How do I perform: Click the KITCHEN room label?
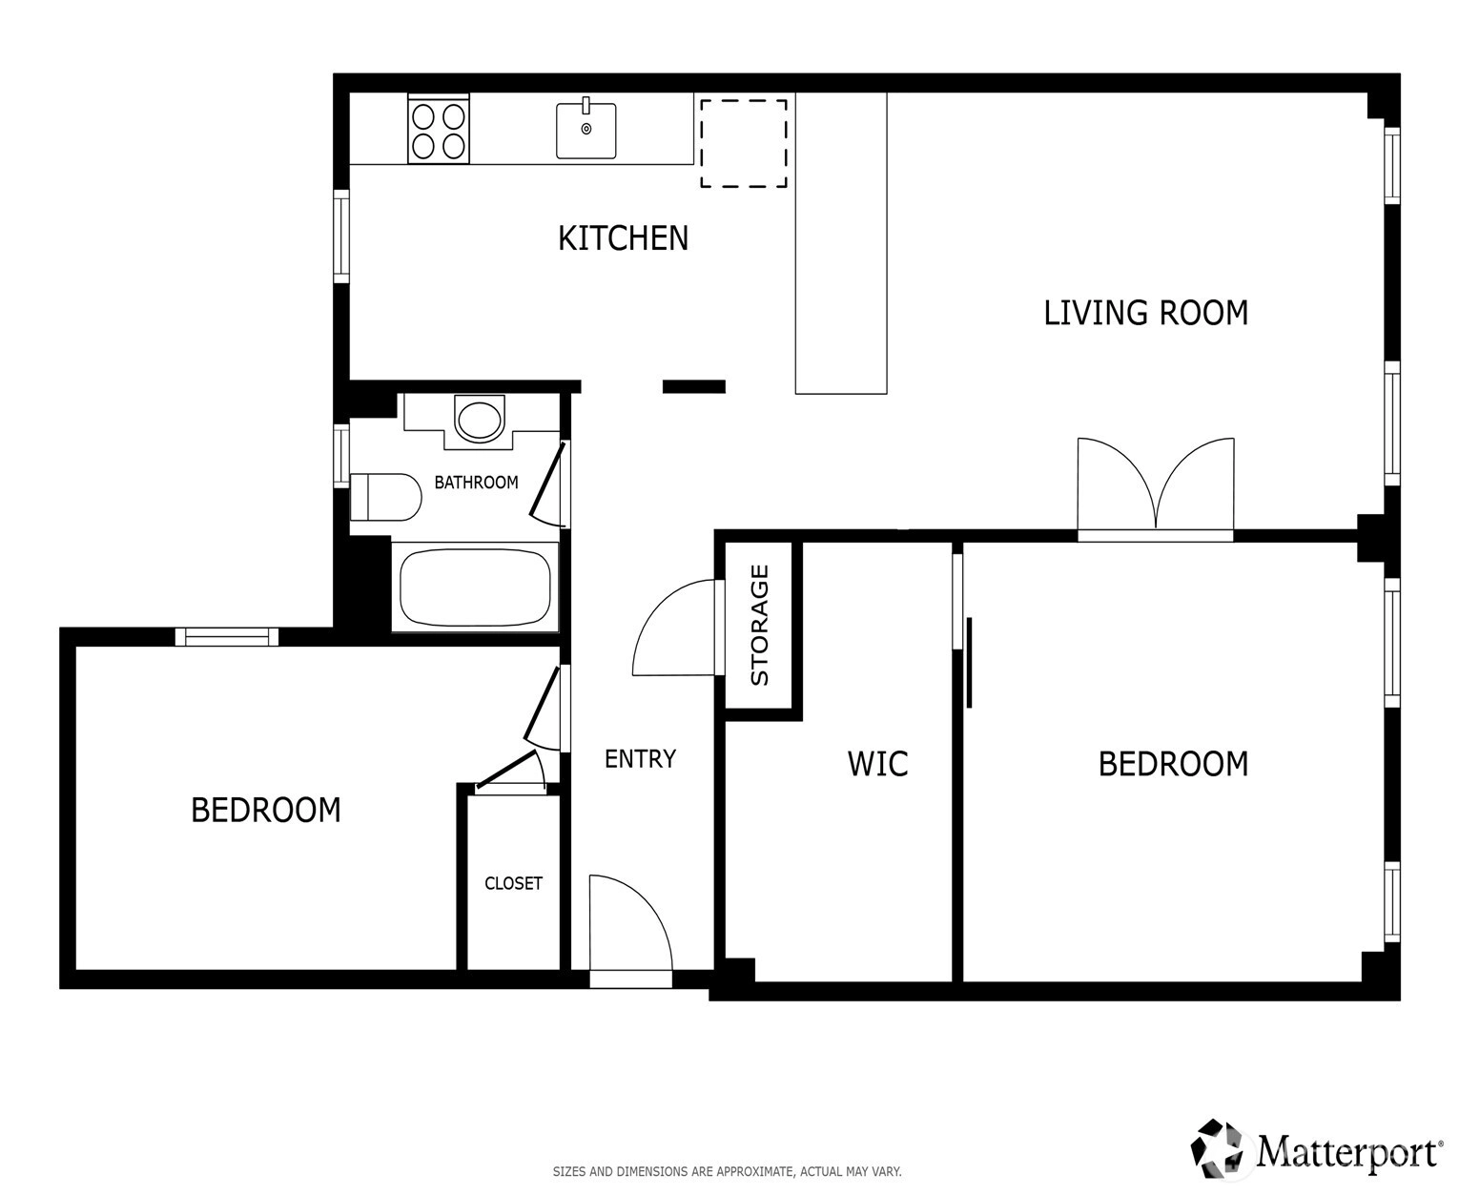coord(623,238)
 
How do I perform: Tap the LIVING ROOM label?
coord(1145,313)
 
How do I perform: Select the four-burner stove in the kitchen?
coord(439,130)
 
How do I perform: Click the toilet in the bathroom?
coord(386,497)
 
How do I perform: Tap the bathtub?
coord(475,587)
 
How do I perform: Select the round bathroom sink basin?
coord(479,420)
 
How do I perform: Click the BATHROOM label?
coord(476,483)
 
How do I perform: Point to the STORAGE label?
coord(760,626)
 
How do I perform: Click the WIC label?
coord(877,764)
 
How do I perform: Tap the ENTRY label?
coord(640,759)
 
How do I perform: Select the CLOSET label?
coord(513,883)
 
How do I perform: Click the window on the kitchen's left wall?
coord(341,236)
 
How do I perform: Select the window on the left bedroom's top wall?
coord(226,636)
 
